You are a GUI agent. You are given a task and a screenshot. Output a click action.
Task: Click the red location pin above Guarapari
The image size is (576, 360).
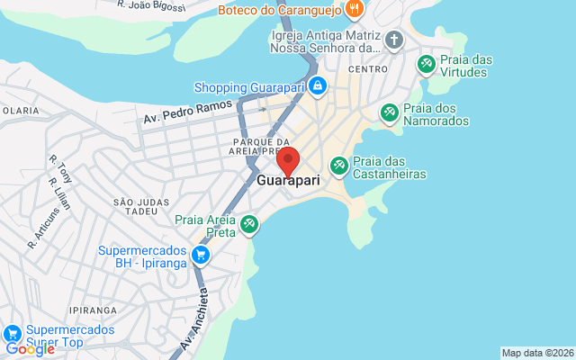pyautogui.click(x=288, y=161)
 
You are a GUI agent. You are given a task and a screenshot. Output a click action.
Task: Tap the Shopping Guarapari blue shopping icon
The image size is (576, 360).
pyautogui.click(x=317, y=86)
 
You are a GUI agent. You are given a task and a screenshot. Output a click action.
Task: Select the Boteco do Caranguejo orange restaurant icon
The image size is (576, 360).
pyautogui.click(x=355, y=10)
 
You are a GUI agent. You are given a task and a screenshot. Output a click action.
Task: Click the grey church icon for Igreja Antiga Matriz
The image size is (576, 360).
pyautogui.click(x=393, y=40)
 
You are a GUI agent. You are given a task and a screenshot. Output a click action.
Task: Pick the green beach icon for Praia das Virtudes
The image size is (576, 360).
pyautogui.click(x=427, y=65)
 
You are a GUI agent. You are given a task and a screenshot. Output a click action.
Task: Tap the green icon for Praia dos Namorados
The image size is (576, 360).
pyautogui.click(x=390, y=112)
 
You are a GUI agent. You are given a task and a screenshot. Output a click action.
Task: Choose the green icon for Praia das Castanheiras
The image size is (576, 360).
pyautogui.click(x=339, y=166)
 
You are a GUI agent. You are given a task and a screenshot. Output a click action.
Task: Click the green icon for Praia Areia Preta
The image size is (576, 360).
pyautogui.click(x=249, y=223)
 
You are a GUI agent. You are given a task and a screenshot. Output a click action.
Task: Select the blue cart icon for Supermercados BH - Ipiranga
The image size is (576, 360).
pyautogui.click(x=201, y=256)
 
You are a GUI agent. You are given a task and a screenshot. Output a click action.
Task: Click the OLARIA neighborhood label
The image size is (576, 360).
pyautogui.click(x=20, y=110)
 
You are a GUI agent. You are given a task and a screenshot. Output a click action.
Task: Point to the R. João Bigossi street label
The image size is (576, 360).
pyautogui.click(x=151, y=6)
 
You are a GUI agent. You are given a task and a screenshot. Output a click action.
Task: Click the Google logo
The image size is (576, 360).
pyautogui.click(x=29, y=349)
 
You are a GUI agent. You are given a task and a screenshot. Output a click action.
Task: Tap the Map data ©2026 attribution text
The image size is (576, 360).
pyautogui.click(x=536, y=353)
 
